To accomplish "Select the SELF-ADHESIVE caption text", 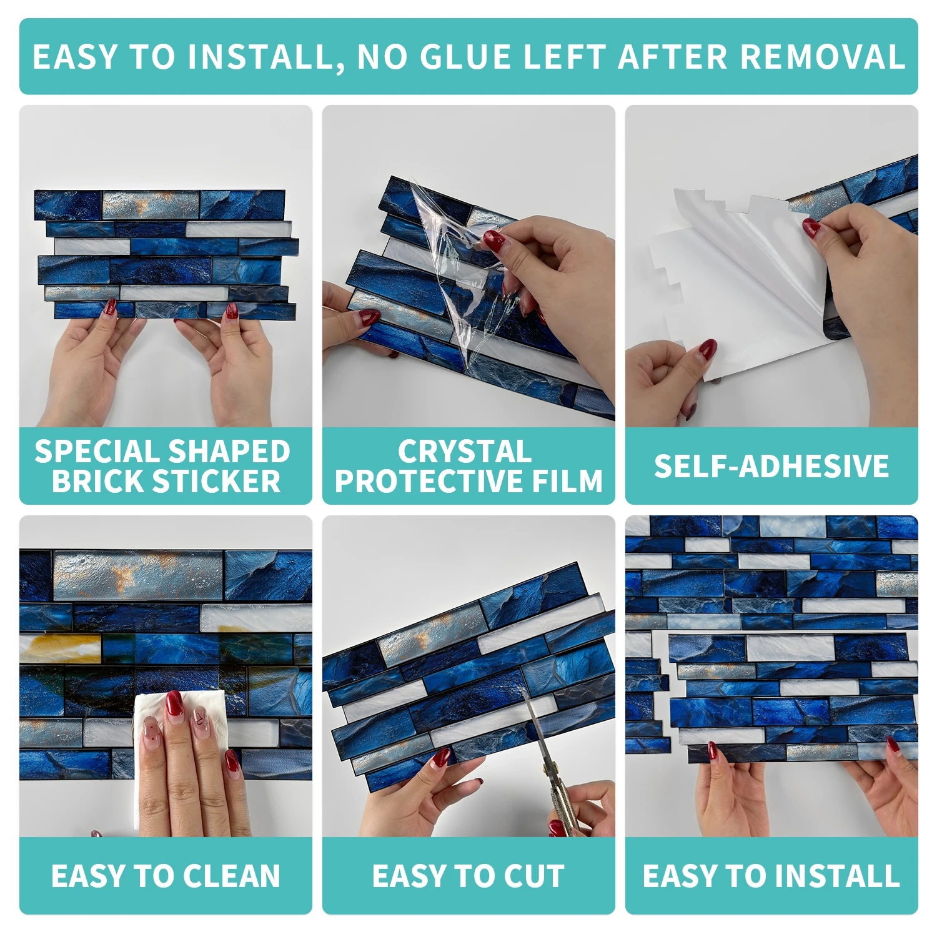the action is pyautogui.click(x=771, y=466).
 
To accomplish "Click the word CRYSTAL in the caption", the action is pyautogui.click(x=465, y=451).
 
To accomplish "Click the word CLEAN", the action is pyautogui.click(x=232, y=876).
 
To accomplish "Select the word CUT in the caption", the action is pyautogui.click(x=534, y=876).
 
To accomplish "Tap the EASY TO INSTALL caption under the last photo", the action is pyautogui.click(x=771, y=876).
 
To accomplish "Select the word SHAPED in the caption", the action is pyautogui.click(x=229, y=451).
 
